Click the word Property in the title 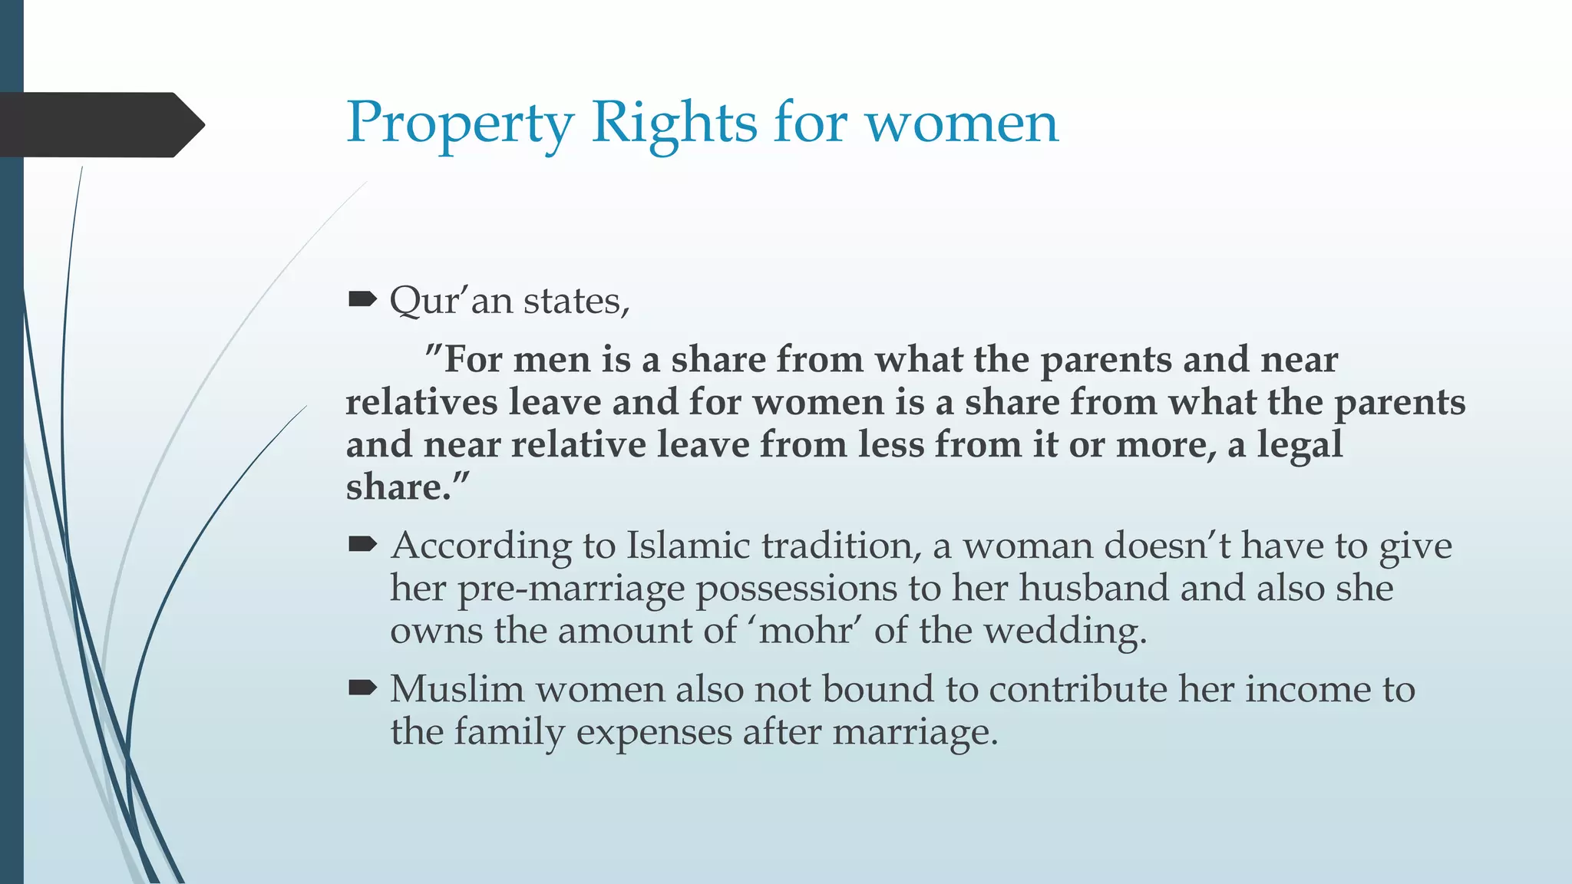[x=459, y=123]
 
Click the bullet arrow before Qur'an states [x=362, y=299]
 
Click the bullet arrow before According [x=362, y=545]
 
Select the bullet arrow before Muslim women [x=362, y=688]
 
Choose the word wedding [x=1065, y=631]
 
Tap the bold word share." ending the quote [x=407, y=487]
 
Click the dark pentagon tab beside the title [x=100, y=124]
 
